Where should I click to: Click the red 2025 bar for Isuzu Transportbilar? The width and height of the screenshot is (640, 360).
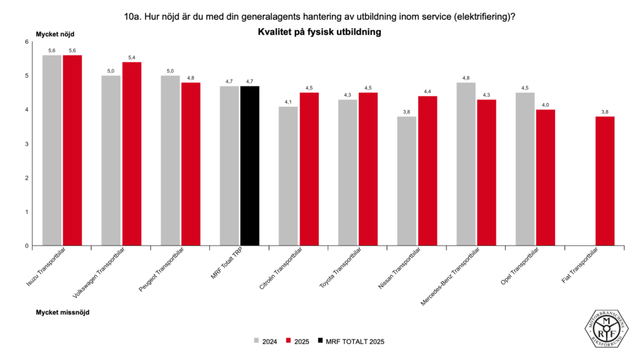(x=72, y=150)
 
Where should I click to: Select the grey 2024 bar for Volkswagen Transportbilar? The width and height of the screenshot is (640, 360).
(x=111, y=161)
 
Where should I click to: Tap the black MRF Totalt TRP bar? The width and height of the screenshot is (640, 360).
(x=249, y=166)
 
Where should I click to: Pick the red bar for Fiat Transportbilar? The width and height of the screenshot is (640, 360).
(x=605, y=181)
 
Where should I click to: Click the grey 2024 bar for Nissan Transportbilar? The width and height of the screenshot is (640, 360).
(x=407, y=181)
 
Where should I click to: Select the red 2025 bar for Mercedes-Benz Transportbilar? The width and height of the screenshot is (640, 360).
(x=486, y=172)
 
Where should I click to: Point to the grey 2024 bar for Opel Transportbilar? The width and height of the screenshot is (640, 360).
(x=525, y=169)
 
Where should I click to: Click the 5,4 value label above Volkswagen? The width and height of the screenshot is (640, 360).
(x=131, y=57)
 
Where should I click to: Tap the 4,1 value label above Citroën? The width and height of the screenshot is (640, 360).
(x=288, y=102)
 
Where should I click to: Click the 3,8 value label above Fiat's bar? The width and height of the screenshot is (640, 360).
(x=605, y=112)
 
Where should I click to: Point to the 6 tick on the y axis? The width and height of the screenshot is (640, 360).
(x=27, y=42)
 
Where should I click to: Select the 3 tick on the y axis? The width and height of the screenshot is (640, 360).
(x=27, y=144)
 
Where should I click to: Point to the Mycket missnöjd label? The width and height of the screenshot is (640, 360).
(x=62, y=311)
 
